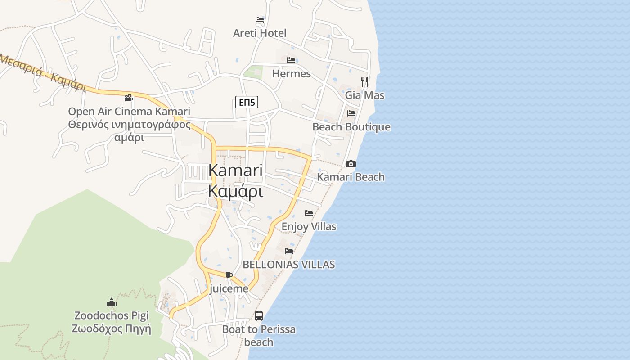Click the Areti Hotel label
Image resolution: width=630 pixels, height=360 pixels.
point(260,33)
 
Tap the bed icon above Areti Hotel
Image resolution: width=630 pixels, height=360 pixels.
point(260,20)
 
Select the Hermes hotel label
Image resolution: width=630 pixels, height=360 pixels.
point(291,73)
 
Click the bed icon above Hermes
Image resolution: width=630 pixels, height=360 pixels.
point(291,60)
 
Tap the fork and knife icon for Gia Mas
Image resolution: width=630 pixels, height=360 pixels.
point(364,81)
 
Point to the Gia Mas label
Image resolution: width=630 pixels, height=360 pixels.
point(364,95)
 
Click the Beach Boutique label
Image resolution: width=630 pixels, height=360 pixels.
point(351,127)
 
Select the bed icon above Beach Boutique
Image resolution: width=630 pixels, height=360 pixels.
point(351,113)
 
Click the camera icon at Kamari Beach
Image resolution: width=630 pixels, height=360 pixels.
point(351,164)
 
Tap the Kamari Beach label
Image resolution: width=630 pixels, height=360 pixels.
point(351,177)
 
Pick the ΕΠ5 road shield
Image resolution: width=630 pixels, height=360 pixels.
point(247,102)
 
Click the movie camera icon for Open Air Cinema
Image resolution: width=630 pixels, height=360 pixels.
point(129,98)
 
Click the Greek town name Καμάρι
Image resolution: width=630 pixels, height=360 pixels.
point(235,191)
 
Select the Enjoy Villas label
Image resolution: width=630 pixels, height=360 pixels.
point(309,226)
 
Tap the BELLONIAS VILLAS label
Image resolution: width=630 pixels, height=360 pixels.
point(288,264)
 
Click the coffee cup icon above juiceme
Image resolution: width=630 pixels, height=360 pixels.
point(229,275)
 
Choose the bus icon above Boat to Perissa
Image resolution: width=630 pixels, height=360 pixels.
point(259,316)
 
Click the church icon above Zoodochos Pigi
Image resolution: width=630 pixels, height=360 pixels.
point(112,302)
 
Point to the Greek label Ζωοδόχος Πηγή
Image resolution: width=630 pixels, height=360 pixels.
point(111,328)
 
